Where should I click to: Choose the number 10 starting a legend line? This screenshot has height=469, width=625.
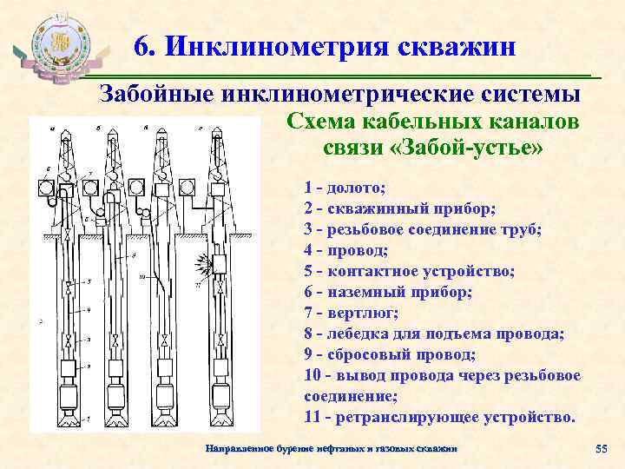pyautogui.click(x=313, y=374)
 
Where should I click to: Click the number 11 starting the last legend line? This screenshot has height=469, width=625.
pyautogui.click(x=313, y=416)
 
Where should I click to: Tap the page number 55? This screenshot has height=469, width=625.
pyautogui.click(x=600, y=448)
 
